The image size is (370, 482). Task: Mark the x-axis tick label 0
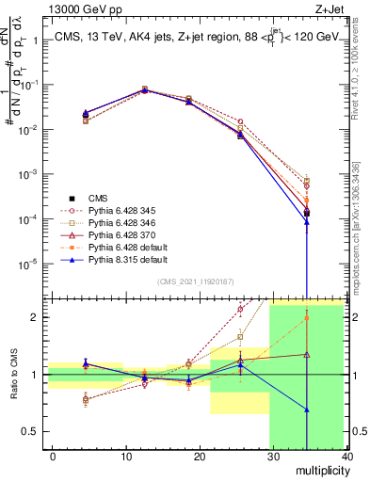click(54, 456)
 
